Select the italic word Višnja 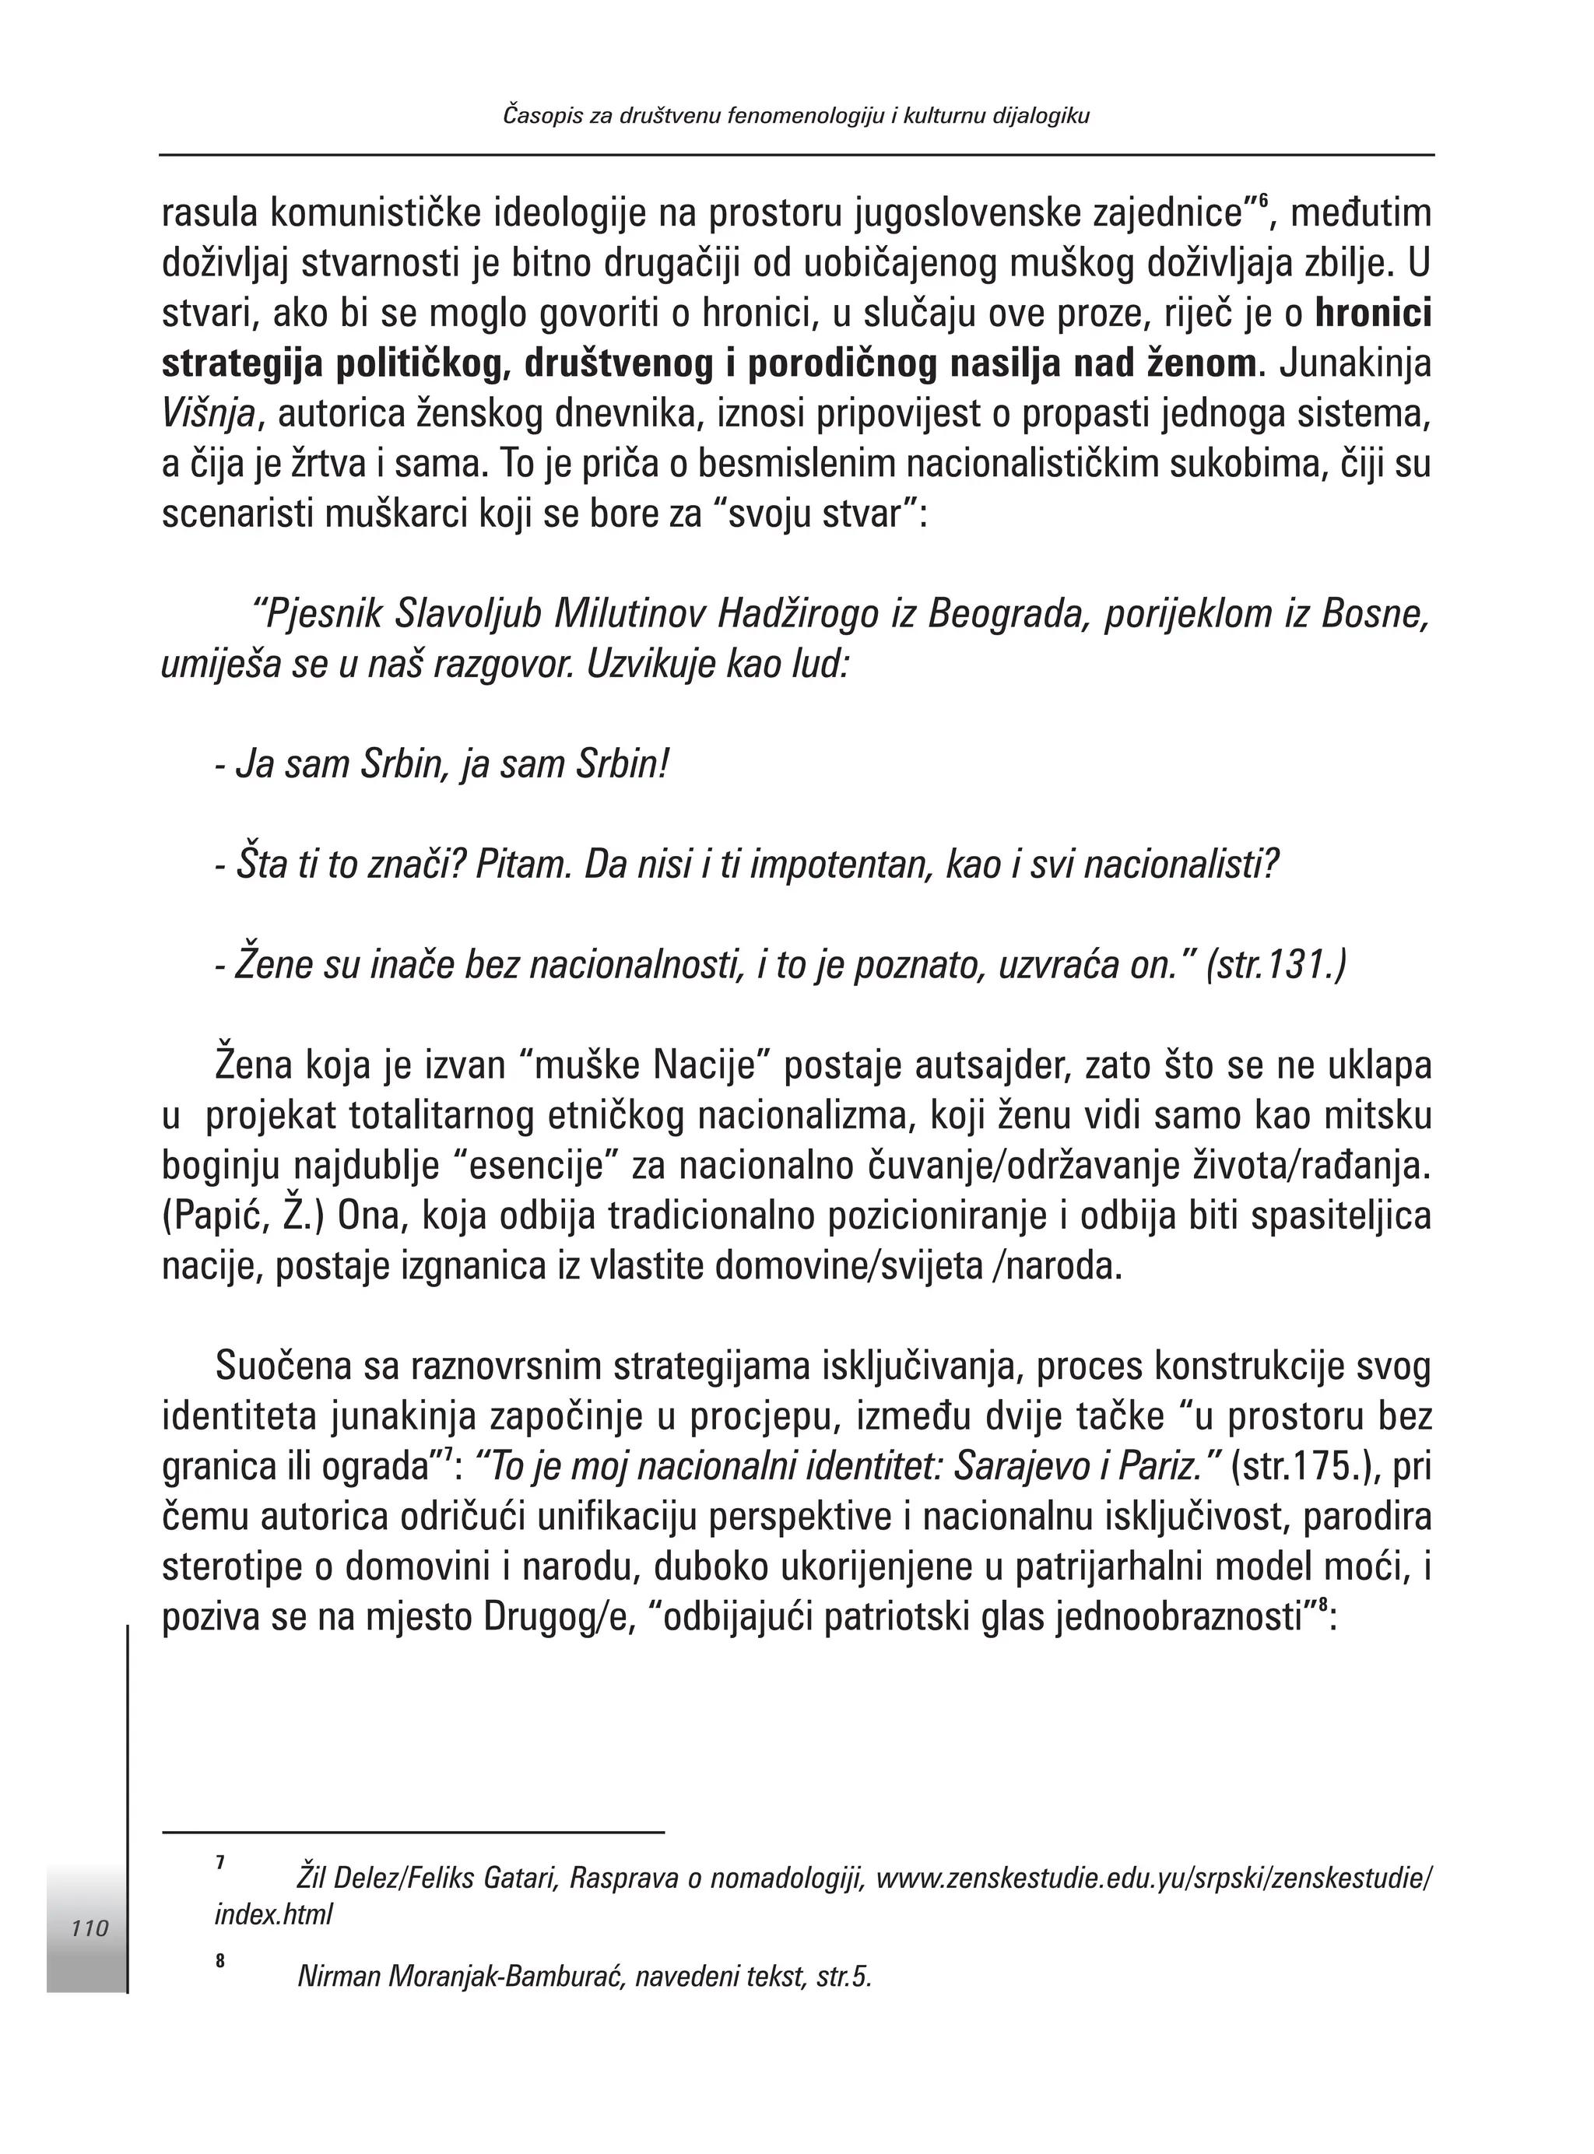(x=209, y=415)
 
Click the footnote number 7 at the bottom (x=220, y=1863)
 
